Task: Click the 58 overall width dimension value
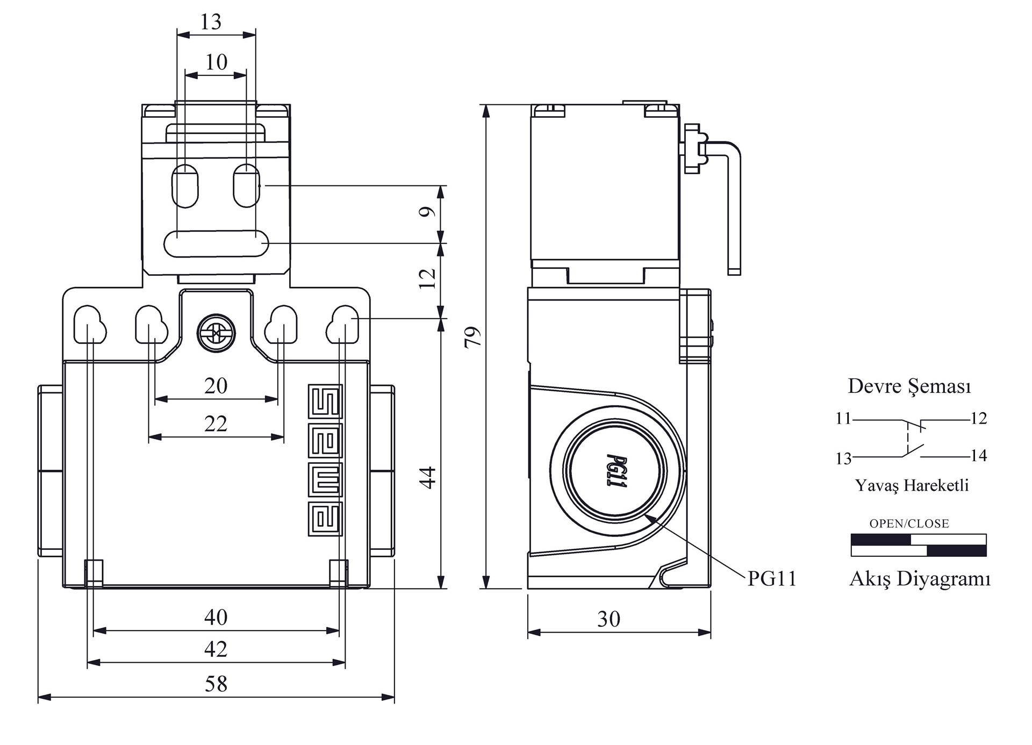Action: [x=216, y=684]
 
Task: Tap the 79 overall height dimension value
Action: [x=472, y=337]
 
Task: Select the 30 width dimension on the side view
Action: [x=608, y=619]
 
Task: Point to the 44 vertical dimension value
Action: [x=428, y=477]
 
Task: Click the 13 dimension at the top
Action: [x=211, y=22]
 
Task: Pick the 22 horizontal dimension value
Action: [x=216, y=424]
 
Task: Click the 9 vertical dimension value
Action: [x=428, y=212]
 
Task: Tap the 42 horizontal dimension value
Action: [x=216, y=649]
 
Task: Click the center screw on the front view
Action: [x=216, y=334]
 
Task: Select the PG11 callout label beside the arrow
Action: [x=772, y=578]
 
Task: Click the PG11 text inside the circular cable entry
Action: [x=616, y=470]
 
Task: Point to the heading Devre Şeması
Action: [x=909, y=386]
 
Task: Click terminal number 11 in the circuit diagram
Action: [x=843, y=418]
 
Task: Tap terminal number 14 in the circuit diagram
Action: [x=979, y=456]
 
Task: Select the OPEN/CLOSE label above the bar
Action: [x=909, y=524]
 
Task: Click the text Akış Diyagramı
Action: [x=920, y=579]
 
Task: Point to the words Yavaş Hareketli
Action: [x=912, y=485]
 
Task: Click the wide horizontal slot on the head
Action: [x=216, y=243]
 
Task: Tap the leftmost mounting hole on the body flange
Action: [x=88, y=324]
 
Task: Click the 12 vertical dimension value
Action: [x=428, y=278]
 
